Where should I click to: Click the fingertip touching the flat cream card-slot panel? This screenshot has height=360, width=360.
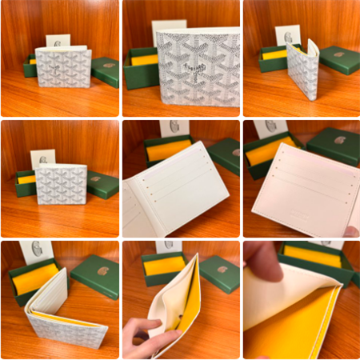(350, 231)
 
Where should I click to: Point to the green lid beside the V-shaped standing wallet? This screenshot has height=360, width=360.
(340, 58)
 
